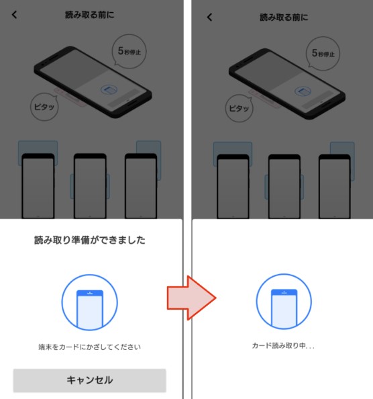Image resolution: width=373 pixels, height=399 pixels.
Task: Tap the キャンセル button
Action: point(89,380)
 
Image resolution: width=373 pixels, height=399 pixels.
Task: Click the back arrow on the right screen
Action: point(209,17)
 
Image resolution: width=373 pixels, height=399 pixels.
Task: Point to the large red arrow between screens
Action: point(191,296)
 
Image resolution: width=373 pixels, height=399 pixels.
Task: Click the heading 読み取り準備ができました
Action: point(89,240)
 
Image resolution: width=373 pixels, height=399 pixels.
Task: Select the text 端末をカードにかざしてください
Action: point(89,347)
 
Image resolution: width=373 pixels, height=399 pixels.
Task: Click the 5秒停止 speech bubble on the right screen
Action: point(326,52)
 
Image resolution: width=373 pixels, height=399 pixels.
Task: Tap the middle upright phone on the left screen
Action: point(90,185)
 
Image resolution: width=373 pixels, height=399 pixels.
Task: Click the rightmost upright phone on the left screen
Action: point(141,185)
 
